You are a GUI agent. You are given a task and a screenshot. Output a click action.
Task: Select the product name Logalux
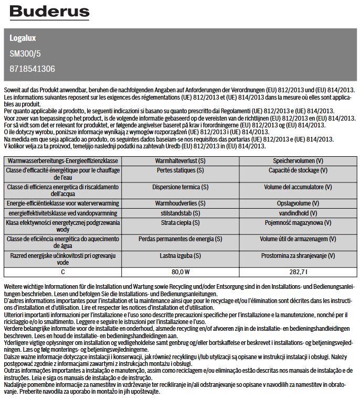[23, 38]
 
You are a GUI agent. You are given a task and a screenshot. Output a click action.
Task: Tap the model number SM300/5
[26, 53]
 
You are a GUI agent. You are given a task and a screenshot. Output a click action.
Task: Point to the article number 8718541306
[32, 69]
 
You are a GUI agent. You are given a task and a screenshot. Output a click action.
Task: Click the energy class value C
[62, 272]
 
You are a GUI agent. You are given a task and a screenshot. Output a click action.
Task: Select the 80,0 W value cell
[180, 272]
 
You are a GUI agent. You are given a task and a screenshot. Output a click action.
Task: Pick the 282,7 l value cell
[298, 272]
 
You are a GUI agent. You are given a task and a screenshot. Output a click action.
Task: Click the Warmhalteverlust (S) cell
[180, 160]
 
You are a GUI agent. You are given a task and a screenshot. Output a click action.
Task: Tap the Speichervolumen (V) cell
[298, 160]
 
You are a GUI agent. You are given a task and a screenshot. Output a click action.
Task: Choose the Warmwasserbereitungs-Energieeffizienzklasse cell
[62, 160]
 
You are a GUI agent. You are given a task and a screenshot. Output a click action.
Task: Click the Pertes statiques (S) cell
[180, 170]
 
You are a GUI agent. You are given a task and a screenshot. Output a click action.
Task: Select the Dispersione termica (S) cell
[180, 187]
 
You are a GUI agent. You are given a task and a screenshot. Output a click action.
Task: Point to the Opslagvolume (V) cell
[298, 203]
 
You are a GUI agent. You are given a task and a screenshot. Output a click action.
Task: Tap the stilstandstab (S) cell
[180, 213]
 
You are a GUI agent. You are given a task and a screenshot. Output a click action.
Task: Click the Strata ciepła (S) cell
[180, 223]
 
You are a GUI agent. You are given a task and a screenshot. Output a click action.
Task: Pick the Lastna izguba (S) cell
[180, 256]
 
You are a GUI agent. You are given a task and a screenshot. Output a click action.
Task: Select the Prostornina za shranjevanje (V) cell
[298, 256]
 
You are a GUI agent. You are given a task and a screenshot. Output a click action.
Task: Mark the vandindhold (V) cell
[298, 213]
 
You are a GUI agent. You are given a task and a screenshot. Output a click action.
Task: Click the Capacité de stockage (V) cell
[298, 170]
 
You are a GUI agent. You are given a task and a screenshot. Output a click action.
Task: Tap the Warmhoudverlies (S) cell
[180, 203]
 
